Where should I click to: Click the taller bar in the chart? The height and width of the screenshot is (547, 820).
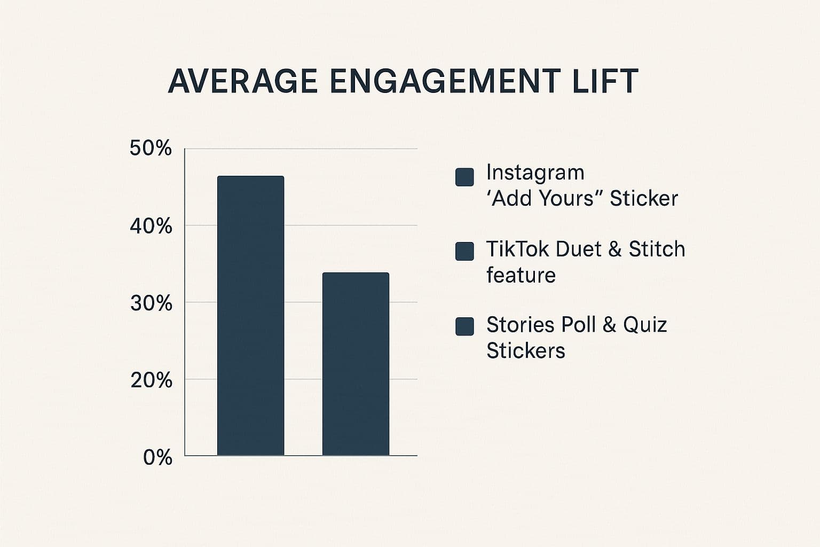[250, 315]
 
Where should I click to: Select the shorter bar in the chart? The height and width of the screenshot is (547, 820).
[356, 364]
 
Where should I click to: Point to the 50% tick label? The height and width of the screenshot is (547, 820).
[151, 149]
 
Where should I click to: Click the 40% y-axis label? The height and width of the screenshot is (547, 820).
[151, 226]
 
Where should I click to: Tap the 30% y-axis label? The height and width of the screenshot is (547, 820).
[151, 303]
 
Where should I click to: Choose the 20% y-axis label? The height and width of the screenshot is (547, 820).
[151, 380]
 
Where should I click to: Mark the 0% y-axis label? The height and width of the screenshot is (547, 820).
[157, 458]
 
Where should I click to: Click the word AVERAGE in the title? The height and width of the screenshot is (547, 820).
[242, 82]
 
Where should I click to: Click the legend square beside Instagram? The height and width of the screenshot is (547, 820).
[464, 177]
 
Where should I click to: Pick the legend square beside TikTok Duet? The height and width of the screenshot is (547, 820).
[464, 251]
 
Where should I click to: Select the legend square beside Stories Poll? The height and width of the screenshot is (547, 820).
[464, 326]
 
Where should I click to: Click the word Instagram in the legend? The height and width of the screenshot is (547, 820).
[535, 173]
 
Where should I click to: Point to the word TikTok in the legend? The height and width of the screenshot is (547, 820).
[517, 249]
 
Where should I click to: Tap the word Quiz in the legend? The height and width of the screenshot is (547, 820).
[645, 325]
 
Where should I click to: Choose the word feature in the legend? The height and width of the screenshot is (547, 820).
[521, 276]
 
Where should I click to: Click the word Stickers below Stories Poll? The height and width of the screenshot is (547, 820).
[525, 351]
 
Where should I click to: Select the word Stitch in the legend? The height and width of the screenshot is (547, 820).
[657, 249]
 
